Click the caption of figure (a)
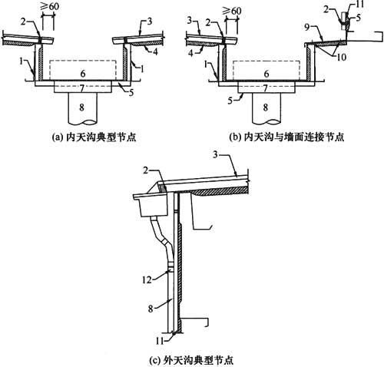94,137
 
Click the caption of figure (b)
286,137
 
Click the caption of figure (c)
191,361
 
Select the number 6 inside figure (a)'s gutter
83,74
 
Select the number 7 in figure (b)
266,88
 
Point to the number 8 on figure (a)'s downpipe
81,107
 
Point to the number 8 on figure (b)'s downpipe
266,107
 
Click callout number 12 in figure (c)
147,280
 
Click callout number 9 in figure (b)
308,28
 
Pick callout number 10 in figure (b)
342,57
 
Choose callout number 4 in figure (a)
156,52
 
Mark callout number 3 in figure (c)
215,155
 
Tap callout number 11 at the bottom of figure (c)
160,341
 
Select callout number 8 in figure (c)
151,309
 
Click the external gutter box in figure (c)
151,205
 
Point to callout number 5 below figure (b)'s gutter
230,101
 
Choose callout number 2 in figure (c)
146,170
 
